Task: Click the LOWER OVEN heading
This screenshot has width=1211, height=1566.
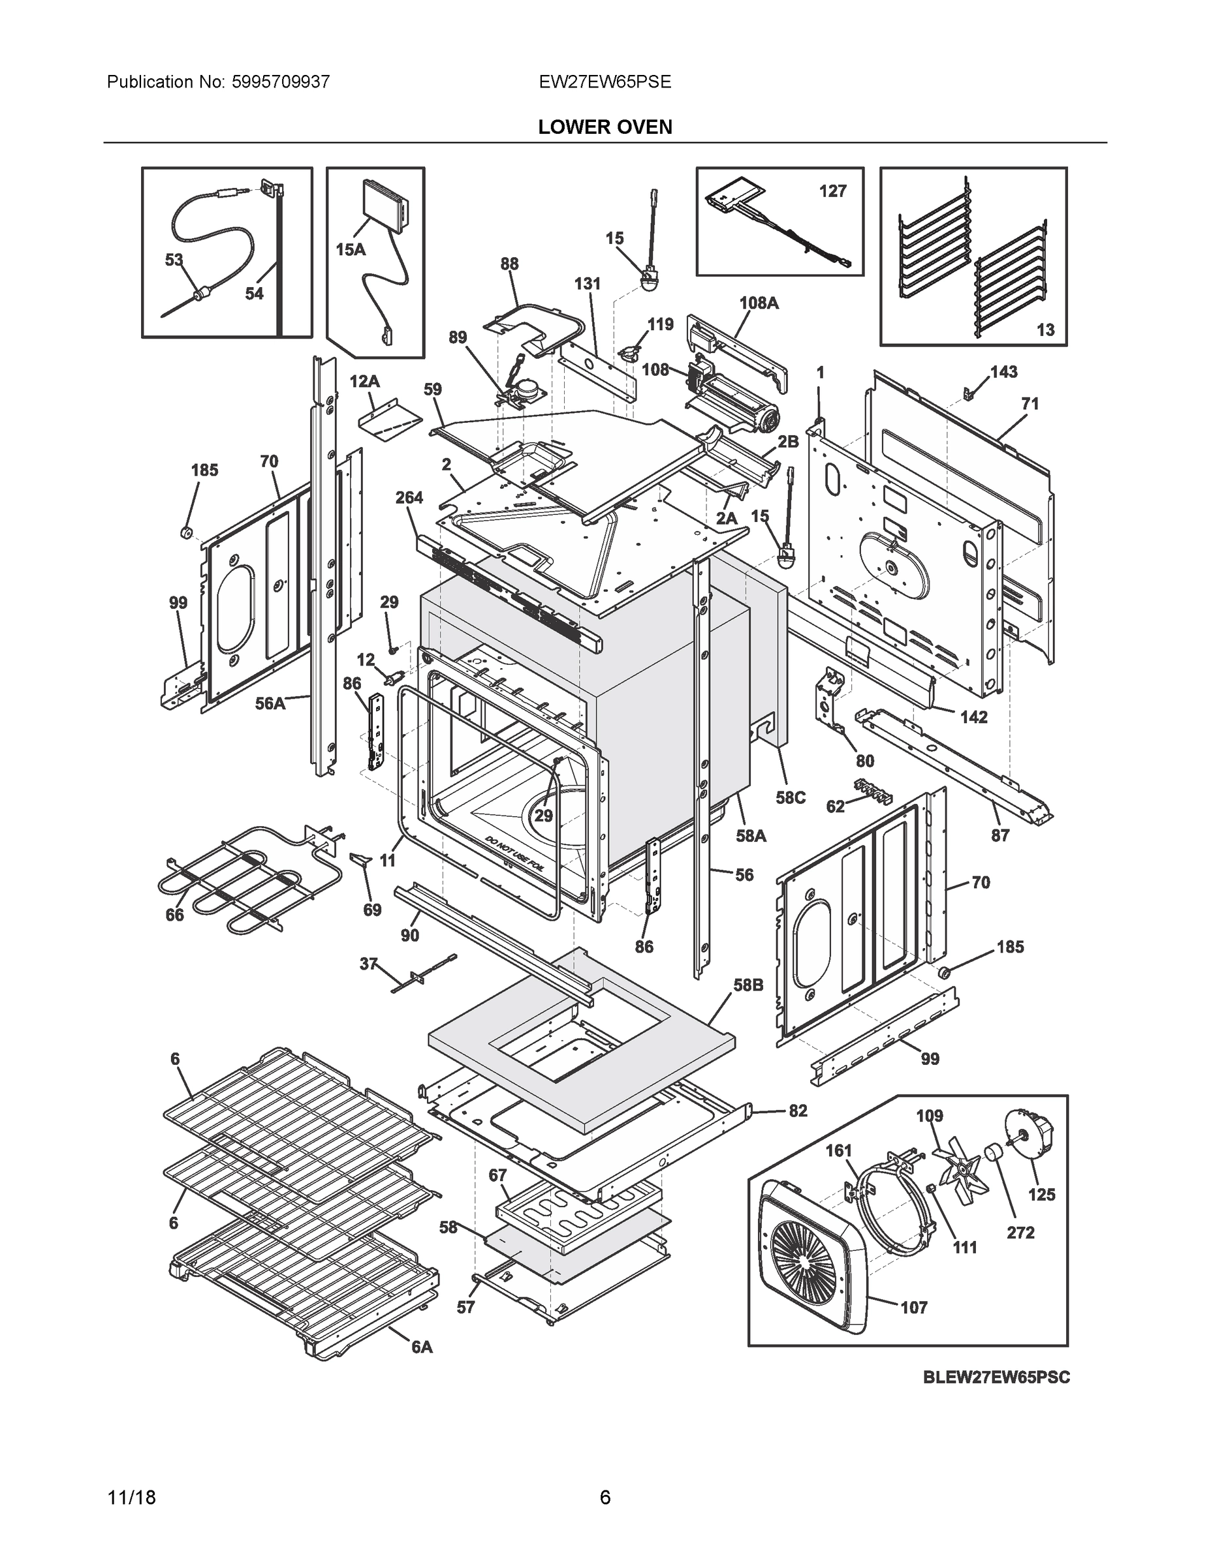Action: [605, 127]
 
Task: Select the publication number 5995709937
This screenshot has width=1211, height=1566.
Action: [281, 82]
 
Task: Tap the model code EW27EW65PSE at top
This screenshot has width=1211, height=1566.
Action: [605, 82]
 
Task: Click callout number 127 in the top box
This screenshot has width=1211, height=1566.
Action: [832, 191]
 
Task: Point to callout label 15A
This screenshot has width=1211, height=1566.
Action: [350, 249]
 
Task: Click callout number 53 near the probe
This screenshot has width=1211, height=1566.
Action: [174, 260]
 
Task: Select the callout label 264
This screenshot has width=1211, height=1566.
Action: [409, 498]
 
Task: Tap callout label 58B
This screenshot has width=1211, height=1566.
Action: [747, 985]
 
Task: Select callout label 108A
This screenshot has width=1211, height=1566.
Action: [759, 303]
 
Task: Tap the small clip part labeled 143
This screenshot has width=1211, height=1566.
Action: [966, 392]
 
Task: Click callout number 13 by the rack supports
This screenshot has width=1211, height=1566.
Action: [1045, 329]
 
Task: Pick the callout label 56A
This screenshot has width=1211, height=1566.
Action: [270, 703]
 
